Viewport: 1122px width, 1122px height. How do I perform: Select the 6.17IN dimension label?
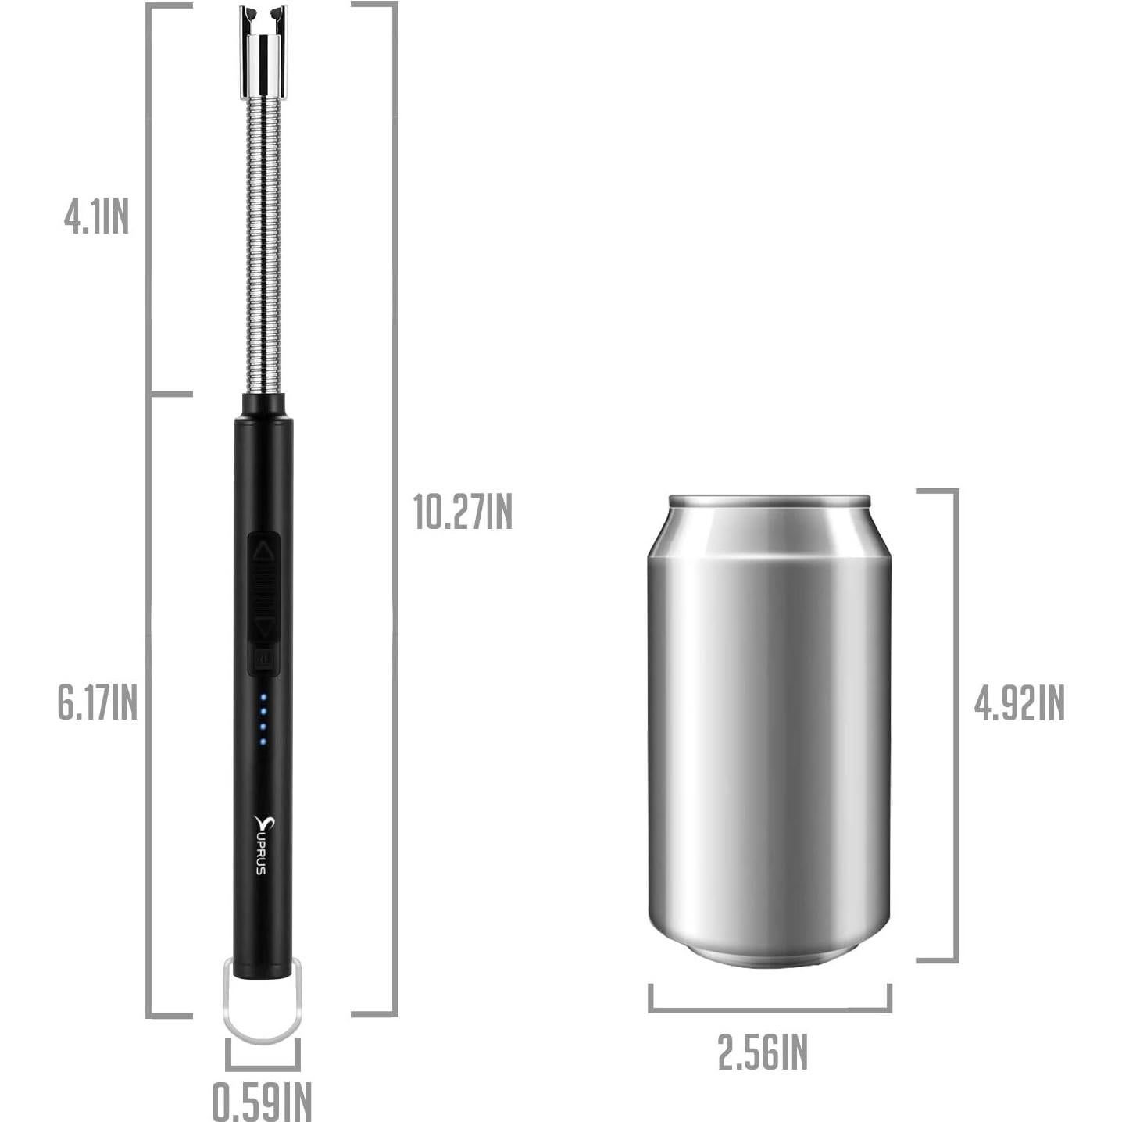[97, 702]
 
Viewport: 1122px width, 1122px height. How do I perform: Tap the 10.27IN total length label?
[463, 512]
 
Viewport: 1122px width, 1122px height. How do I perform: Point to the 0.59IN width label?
[262, 1101]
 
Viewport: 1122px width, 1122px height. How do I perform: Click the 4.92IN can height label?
[1018, 703]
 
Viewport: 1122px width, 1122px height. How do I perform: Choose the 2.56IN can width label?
[763, 1052]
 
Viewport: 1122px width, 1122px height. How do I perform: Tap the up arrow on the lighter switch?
[264, 552]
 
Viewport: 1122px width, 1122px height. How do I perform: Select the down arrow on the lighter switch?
[265, 627]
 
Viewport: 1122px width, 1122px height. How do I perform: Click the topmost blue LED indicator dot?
[263, 696]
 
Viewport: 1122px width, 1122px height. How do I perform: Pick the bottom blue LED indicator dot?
[263, 740]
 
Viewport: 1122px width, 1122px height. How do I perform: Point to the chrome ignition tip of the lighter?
[263, 51]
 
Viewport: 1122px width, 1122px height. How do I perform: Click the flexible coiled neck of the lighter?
[263, 242]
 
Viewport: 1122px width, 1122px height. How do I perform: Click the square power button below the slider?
[264, 659]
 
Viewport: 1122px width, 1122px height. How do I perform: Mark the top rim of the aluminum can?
[769, 499]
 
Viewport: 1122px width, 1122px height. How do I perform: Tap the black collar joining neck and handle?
[263, 405]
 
